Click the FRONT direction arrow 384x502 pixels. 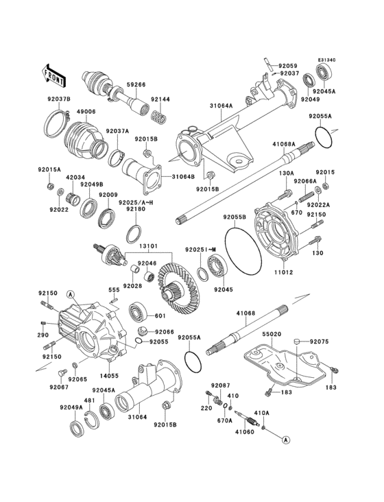pos(54,71)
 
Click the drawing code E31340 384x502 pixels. pos(326,60)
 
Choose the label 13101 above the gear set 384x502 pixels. pos(149,246)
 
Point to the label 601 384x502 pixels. pos(160,316)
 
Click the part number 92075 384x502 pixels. pos(319,341)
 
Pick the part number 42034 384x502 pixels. pos(75,176)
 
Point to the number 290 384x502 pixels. pos(43,337)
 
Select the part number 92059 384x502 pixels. pos(289,66)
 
